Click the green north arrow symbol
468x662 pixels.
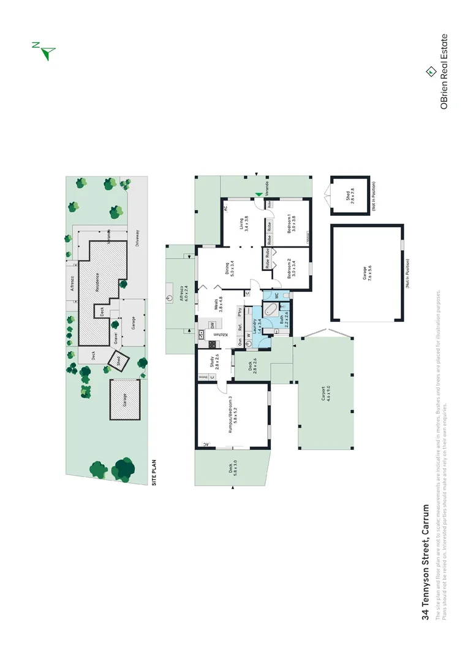click(45, 51)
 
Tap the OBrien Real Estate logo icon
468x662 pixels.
click(431, 72)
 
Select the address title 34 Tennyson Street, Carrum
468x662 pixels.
click(426, 563)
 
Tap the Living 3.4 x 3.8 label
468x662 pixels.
click(244, 223)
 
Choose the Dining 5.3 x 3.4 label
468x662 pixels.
click(229, 269)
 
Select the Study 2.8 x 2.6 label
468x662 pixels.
click(213, 365)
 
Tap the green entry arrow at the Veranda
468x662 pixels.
click(258, 196)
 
